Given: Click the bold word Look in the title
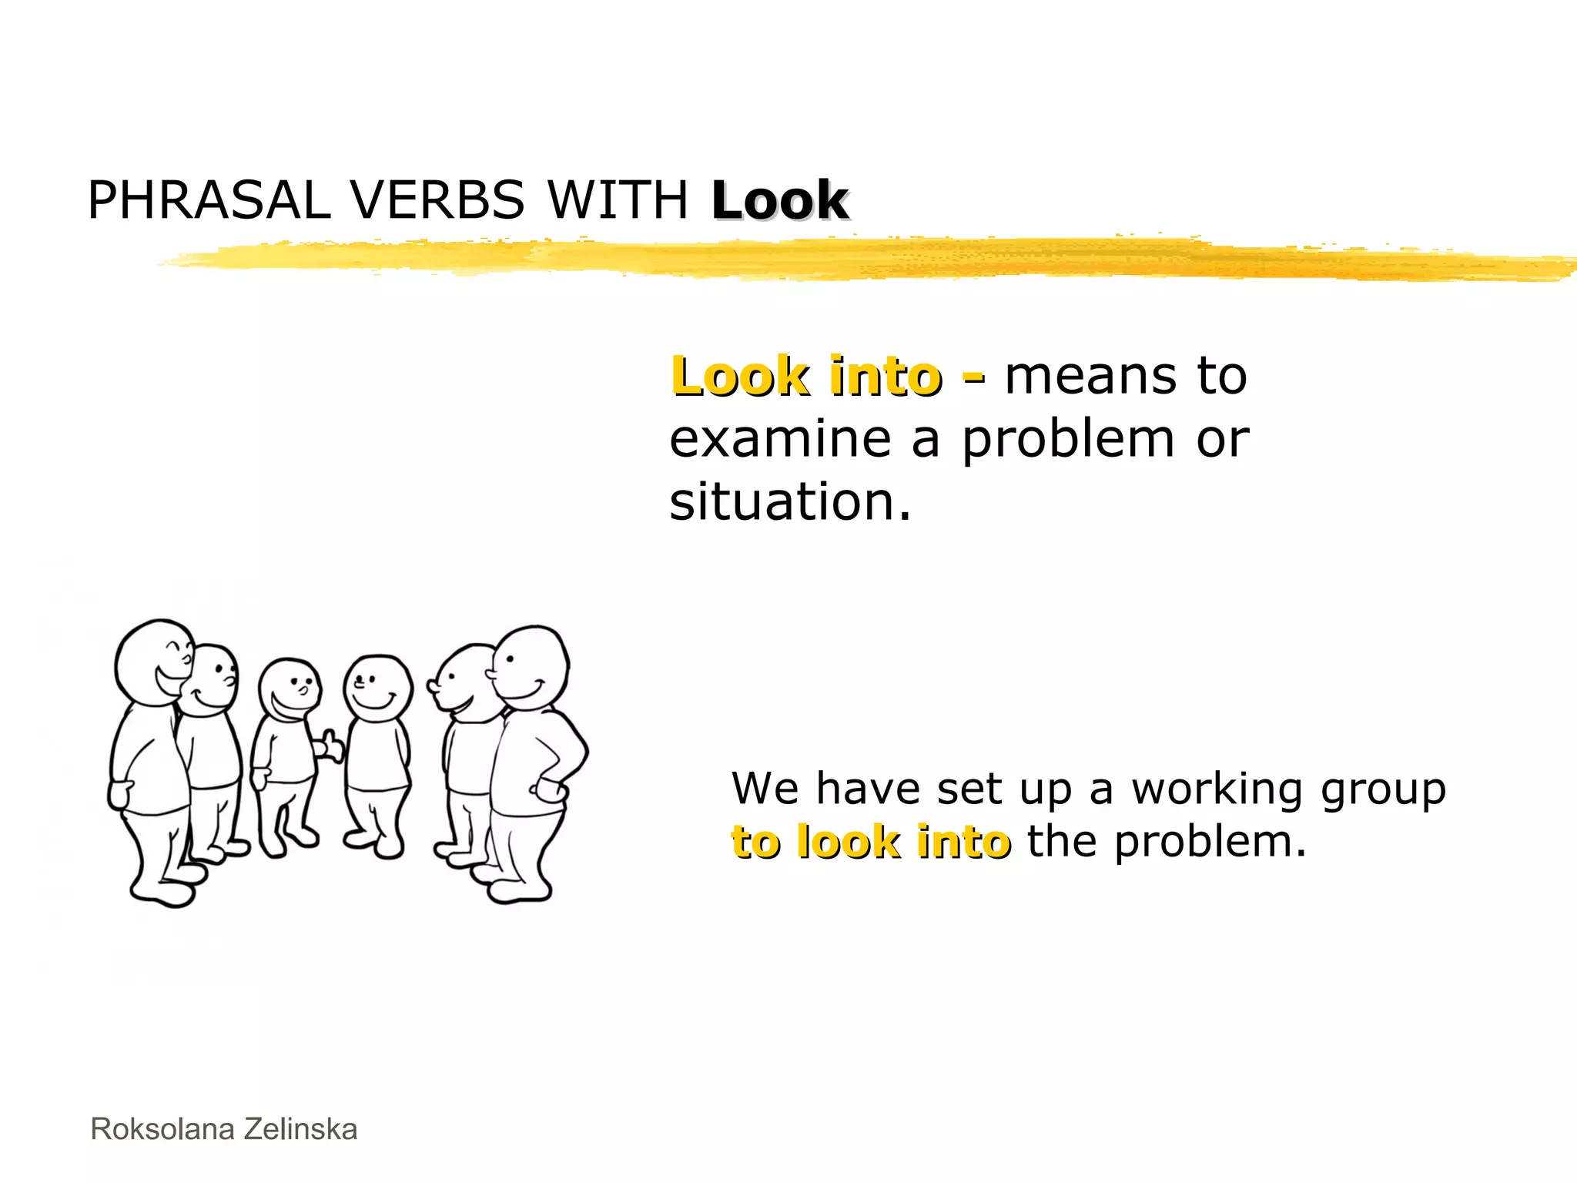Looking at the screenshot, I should pos(779,201).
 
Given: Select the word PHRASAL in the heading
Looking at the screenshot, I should pos(209,201).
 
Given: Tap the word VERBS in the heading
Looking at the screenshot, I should pos(437,201).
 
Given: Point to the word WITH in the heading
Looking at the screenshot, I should pos(618,201).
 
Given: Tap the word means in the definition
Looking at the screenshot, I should pos(1090,377).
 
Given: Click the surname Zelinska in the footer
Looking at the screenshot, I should pos(300,1130).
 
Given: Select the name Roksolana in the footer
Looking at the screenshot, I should pos(162,1130).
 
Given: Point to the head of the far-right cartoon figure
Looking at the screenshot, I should pos(531,665).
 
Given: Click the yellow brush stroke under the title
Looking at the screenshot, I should pos(847,258).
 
